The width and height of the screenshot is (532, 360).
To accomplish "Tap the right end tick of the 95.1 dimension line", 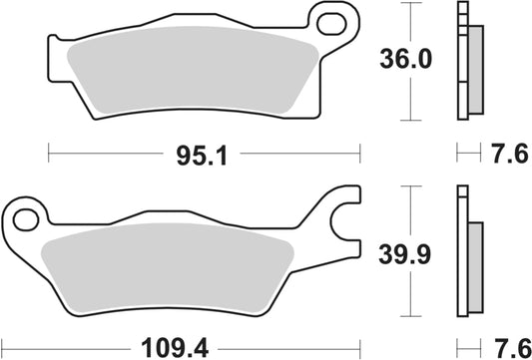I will pyautogui.click(x=358, y=154).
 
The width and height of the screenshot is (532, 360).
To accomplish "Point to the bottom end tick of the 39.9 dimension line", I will pyautogui.click(x=409, y=315).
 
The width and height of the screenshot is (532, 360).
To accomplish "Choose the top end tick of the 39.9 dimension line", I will pyautogui.click(x=409, y=185).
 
